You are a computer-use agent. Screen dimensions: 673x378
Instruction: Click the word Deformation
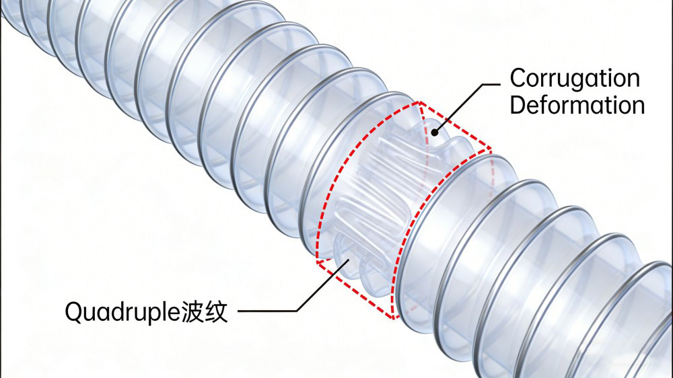tap(577, 105)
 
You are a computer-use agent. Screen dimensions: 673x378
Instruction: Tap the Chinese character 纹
tap(216, 312)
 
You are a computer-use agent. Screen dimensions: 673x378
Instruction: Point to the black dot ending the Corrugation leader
tap(434, 133)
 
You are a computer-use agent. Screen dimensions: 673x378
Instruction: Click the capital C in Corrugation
tap(517, 79)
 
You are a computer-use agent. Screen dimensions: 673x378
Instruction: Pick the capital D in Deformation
tap(518, 105)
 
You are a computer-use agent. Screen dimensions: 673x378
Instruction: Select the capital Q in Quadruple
tap(73, 312)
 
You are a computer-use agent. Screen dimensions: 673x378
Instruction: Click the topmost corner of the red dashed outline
tap(419, 102)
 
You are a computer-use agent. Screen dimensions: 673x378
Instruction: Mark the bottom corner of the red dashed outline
tap(392, 319)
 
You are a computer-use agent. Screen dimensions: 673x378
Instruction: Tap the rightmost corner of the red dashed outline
tap(491, 149)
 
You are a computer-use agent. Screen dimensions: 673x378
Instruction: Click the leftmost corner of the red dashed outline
tap(317, 262)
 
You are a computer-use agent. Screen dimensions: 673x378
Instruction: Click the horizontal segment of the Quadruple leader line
tap(267, 311)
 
